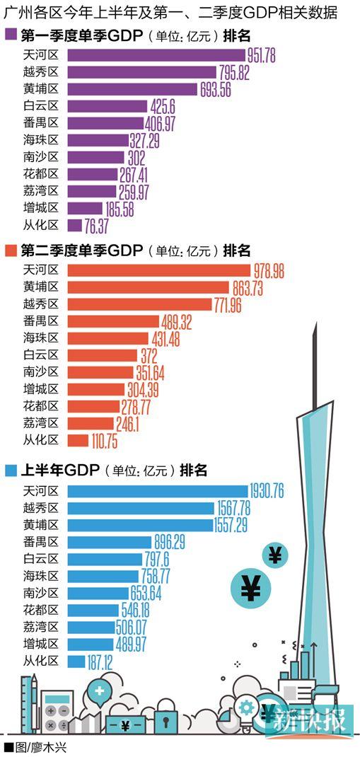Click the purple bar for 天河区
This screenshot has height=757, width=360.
click(156, 55)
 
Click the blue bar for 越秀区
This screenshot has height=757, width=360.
click(141, 507)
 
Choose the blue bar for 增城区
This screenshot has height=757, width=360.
click(91, 644)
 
